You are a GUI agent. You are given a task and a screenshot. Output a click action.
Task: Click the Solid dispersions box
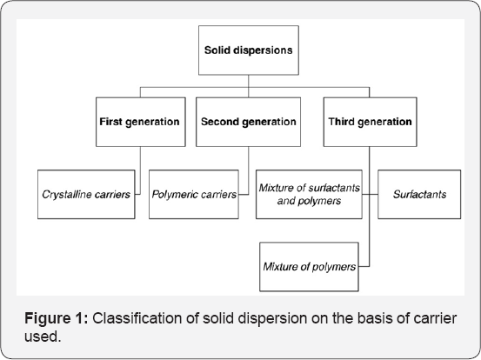[x=248, y=50]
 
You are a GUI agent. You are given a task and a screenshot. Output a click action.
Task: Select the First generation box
[x=139, y=122]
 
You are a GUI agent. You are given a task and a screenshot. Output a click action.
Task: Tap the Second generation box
[x=248, y=122]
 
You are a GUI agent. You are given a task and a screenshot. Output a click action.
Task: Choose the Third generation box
[x=370, y=122]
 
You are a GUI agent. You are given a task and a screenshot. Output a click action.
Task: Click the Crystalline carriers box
[x=85, y=195]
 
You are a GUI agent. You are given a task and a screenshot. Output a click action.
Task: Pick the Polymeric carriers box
[x=193, y=195]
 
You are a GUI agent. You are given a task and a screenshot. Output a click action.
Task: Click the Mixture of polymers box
[x=309, y=267]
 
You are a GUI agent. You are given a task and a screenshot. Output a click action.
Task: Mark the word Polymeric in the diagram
[x=174, y=195]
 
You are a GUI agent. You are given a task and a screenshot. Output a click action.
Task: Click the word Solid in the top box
[x=219, y=50]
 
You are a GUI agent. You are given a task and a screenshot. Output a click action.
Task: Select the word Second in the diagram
[x=221, y=122]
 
